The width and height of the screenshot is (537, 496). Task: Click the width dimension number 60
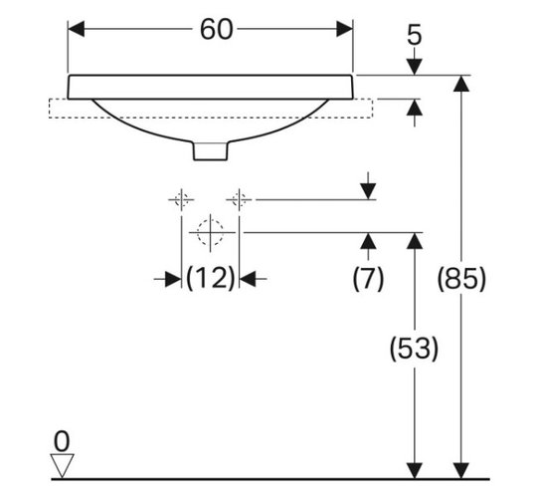tap(216, 30)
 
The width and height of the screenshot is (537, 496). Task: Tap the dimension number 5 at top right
tap(415, 35)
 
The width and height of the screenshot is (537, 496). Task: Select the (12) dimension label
tap(210, 278)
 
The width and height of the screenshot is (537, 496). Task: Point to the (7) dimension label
tap(368, 278)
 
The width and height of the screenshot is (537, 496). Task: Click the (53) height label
tap(414, 348)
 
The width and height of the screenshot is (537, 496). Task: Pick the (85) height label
tap(461, 278)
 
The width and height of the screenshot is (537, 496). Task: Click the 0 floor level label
tap(62, 442)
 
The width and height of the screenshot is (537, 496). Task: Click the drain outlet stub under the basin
tap(210, 150)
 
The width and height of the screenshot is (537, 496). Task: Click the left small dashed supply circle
tap(181, 199)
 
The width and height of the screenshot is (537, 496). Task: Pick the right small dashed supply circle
tap(239, 199)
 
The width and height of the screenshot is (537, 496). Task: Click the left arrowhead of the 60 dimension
tap(76, 29)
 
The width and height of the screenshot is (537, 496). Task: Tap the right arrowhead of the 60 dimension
tap(344, 29)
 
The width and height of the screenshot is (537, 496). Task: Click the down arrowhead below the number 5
tap(415, 67)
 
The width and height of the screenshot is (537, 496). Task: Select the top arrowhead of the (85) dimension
tap(461, 83)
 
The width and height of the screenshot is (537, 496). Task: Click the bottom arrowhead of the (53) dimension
tap(415, 470)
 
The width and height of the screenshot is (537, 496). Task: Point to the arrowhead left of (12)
tap(173, 279)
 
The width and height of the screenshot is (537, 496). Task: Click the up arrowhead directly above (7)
tap(368, 241)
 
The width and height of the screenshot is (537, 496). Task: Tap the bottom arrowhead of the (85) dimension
tap(461, 470)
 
